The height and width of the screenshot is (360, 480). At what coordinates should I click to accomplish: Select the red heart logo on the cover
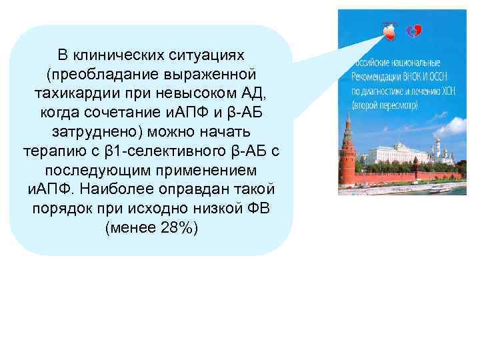pyautogui.click(x=388, y=29)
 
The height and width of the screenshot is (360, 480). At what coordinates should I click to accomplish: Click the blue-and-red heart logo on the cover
pyautogui.click(x=414, y=30)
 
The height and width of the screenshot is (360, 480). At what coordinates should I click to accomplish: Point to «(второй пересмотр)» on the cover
pyautogui.click(x=383, y=105)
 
